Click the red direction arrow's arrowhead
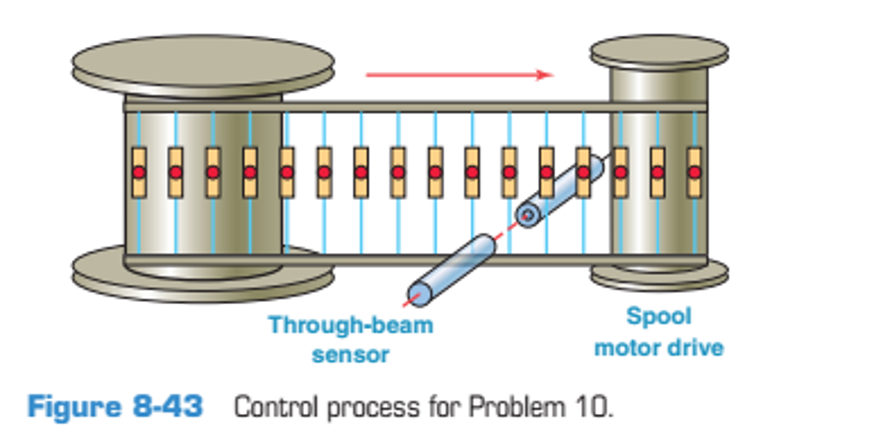pos(545,75)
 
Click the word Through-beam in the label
pos(350,325)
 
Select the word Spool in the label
pos(659,316)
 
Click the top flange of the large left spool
pos(203,63)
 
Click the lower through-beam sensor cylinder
pos(451,270)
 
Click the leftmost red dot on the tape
pos(139,173)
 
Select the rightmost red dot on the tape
pos(694,173)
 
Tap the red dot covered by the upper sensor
pos(583,173)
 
